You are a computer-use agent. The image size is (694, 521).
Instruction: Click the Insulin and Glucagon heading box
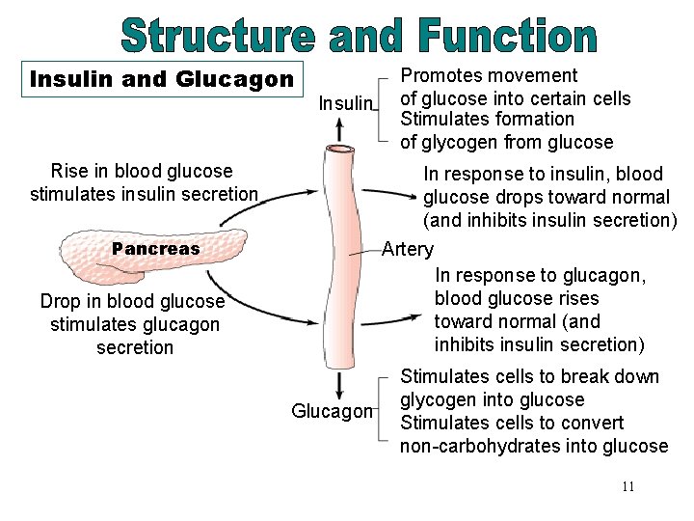[x=162, y=79]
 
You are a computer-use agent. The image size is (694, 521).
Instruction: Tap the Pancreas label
[x=155, y=249]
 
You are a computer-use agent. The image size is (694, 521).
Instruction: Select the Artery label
[x=407, y=249]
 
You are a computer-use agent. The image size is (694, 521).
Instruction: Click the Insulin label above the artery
[x=345, y=102]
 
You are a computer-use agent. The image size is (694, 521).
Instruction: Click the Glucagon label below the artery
[x=332, y=412]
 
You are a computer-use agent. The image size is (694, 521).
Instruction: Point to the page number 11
[x=627, y=486]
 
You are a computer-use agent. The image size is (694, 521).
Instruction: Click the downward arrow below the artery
[x=340, y=385]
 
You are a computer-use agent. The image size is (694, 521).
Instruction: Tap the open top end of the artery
[x=339, y=150]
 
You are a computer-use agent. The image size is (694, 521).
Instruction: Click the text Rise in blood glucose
[x=142, y=172]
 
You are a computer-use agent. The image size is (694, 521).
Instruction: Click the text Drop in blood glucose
[x=132, y=301]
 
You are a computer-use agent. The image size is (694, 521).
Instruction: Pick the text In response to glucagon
[x=541, y=276]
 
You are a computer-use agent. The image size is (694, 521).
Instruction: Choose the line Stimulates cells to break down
[x=529, y=376]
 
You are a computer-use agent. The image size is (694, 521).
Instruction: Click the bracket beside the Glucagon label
[x=385, y=410]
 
